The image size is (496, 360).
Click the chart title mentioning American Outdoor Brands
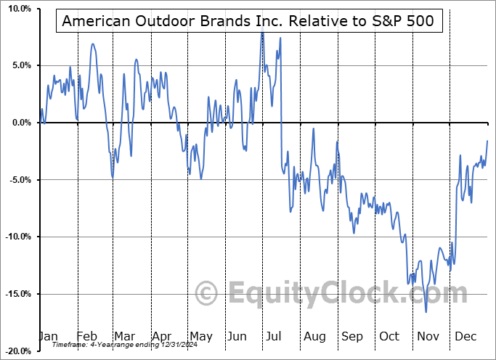point(248,20)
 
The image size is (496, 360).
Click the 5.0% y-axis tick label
point(19,65)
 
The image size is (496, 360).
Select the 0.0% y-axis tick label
point(19,123)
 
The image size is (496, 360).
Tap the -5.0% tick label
point(17,180)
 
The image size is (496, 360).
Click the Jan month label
point(47,337)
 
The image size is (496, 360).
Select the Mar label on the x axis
point(123,337)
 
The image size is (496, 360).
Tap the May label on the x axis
point(200,337)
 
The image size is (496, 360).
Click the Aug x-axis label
point(315,337)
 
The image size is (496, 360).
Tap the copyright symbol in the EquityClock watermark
point(208,294)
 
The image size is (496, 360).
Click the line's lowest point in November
point(426,312)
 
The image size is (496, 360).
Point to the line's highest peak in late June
point(262,33)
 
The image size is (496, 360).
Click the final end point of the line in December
point(487,140)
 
